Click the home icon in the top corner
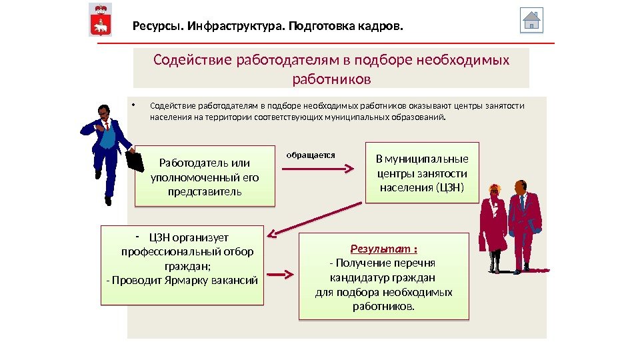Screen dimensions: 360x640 coord(531,20)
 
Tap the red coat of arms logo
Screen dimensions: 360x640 coord(101,20)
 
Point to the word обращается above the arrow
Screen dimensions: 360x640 coord(310,155)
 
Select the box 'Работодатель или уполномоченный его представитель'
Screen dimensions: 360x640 coord(205,175)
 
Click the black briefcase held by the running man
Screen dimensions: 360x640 coord(135,161)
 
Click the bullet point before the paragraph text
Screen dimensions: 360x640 coord(133,104)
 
